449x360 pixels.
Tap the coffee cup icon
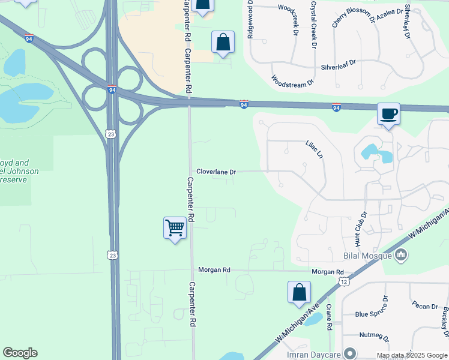coord(388,114)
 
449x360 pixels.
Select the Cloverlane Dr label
coord(216,172)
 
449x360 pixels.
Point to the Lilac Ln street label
coord(314,149)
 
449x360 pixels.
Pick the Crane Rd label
coord(329,318)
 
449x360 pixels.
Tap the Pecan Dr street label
coord(425,306)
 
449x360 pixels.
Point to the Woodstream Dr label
coord(292,81)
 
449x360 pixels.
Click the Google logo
coord(20,353)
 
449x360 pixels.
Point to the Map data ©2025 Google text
coord(412,355)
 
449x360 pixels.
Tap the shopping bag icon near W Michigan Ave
coord(299,293)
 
